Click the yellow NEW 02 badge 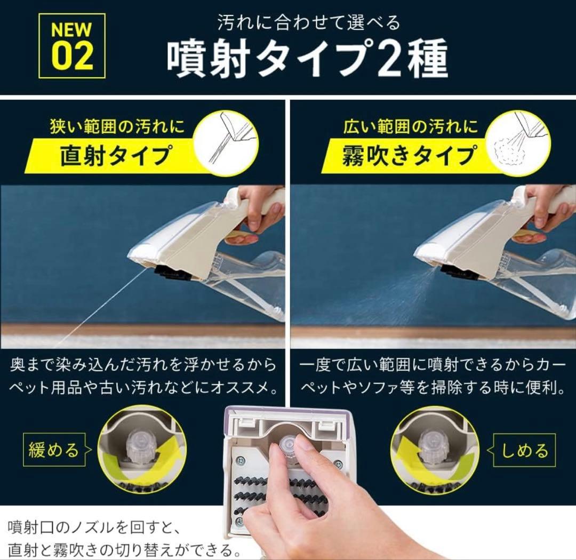72,46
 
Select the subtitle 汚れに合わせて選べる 309,22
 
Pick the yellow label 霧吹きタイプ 409,156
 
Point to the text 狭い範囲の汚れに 117,127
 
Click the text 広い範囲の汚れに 411,127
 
